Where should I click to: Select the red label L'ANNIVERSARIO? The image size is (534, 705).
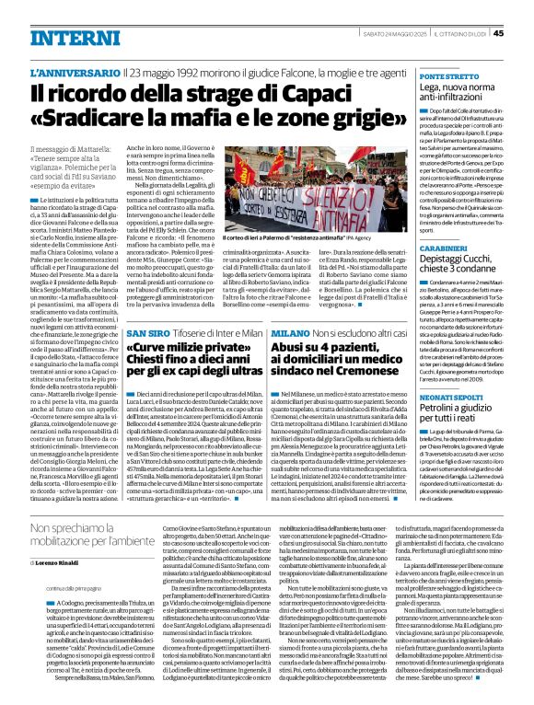(x=87, y=71)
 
